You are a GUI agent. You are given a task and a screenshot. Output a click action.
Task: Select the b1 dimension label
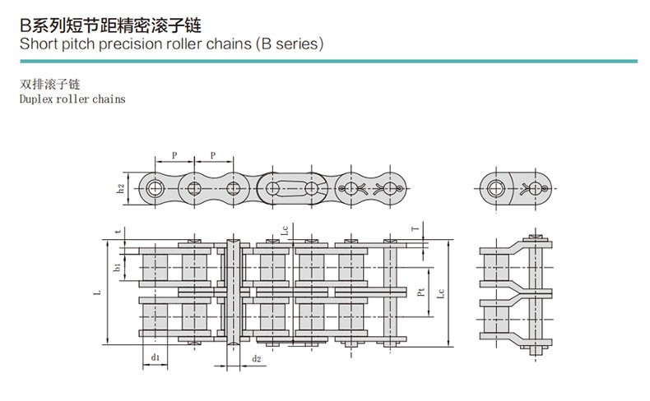[x=118, y=266]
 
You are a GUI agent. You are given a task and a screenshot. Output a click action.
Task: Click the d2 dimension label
[x=256, y=358]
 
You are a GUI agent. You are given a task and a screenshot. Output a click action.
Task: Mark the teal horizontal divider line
[x=325, y=59]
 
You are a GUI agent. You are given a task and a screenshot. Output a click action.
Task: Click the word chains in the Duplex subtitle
[x=109, y=99]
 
